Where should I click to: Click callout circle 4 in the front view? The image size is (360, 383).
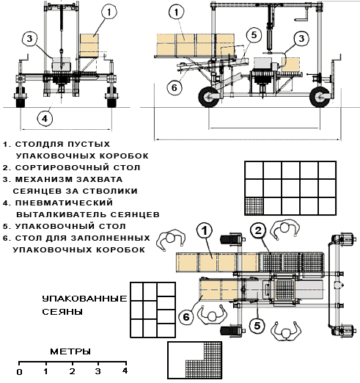(x=45, y=118)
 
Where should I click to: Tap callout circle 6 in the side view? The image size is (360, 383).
(x=175, y=87)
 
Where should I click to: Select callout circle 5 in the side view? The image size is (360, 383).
(x=254, y=35)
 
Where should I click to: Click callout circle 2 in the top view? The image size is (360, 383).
(x=258, y=230)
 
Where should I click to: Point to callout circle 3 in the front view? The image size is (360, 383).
(x=29, y=39)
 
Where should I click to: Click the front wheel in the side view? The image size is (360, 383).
(x=208, y=97)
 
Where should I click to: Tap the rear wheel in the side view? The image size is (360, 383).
(x=320, y=97)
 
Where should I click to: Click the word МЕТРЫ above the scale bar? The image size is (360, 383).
(x=70, y=351)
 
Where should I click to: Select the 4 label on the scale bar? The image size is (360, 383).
(x=125, y=371)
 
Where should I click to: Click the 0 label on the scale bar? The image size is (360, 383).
(x=19, y=372)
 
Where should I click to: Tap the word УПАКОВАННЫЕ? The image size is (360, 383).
(x=84, y=299)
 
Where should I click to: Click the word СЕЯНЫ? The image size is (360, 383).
(x=62, y=312)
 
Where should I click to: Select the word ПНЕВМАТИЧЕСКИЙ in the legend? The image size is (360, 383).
(x=64, y=203)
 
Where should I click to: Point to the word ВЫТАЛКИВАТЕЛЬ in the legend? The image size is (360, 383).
(x=61, y=214)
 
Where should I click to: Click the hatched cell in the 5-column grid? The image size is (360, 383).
(x=254, y=206)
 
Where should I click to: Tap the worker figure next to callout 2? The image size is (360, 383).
(x=284, y=229)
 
